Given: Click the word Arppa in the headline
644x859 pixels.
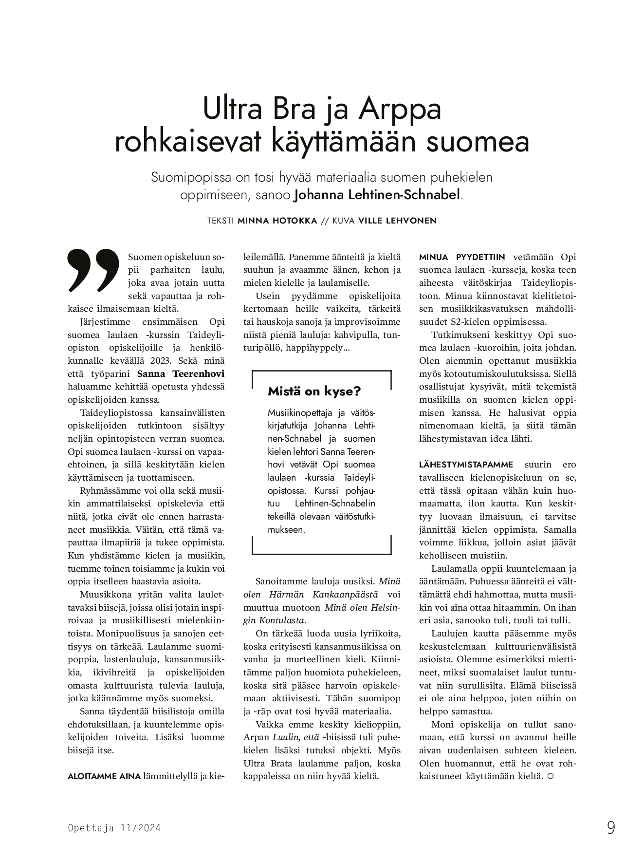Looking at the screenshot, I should coord(400,110).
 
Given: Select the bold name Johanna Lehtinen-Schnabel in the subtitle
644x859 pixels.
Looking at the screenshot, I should coord(377,195).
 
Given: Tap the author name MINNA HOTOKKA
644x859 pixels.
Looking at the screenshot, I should coord(276,221).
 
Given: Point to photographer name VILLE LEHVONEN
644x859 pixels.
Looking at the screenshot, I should coord(397,221).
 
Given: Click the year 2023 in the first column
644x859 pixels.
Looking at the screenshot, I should coord(161,361).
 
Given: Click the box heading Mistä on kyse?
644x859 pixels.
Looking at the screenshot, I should coord(314,391).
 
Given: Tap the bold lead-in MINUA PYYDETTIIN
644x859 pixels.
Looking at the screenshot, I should coord(462,257).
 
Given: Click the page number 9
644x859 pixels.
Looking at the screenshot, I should coord(611,828).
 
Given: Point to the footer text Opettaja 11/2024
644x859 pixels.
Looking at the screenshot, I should coord(114,828).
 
